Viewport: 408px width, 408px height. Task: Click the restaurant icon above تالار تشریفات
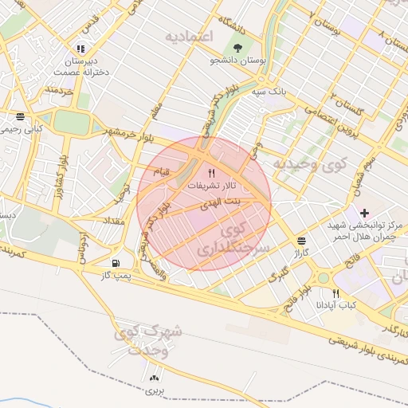coord(211,172)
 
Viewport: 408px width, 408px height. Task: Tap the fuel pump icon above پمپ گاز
coord(117,263)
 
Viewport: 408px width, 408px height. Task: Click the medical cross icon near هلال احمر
coord(364,213)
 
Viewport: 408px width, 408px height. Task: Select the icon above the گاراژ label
coord(302,239)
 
